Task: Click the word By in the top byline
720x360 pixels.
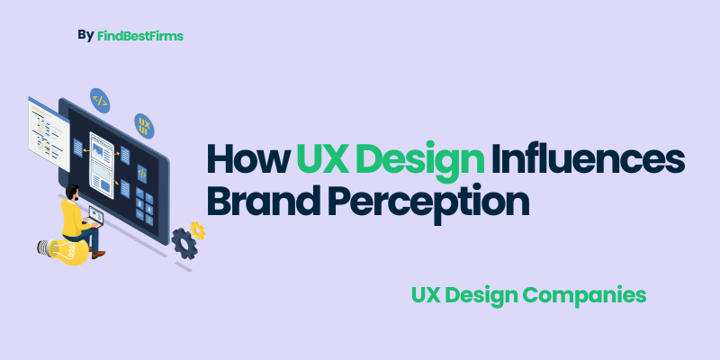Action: click(x=85, y=35)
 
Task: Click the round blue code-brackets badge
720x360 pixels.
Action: click(x=100, y=99)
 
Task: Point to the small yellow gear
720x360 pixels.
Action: click(x=198, y=229)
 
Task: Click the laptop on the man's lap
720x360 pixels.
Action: click(x=94, y=217)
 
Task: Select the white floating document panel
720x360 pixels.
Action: click(x=48, y=136)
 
